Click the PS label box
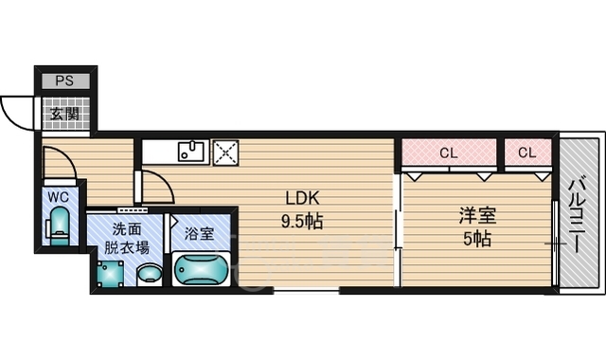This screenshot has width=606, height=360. (65, 81)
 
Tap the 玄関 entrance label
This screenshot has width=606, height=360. (65, 114)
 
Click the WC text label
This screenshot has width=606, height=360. (59, 197)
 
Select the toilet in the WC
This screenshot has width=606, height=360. (59, 226)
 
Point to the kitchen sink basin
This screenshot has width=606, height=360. (190, 152)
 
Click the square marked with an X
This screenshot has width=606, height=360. (226, 153)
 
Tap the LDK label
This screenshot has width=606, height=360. (302, 198)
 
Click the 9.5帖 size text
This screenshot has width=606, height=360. (302, 222)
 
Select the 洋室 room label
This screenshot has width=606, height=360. (477, 216)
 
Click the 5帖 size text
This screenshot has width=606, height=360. (477, 239)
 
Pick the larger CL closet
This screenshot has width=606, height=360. (449, 153)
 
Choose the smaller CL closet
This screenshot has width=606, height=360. (527, 153)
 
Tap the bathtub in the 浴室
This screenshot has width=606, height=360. (201, 269)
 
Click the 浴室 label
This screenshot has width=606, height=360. (199, 234)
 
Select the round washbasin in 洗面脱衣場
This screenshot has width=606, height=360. (150, 274)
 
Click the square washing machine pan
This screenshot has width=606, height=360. (110, 274)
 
